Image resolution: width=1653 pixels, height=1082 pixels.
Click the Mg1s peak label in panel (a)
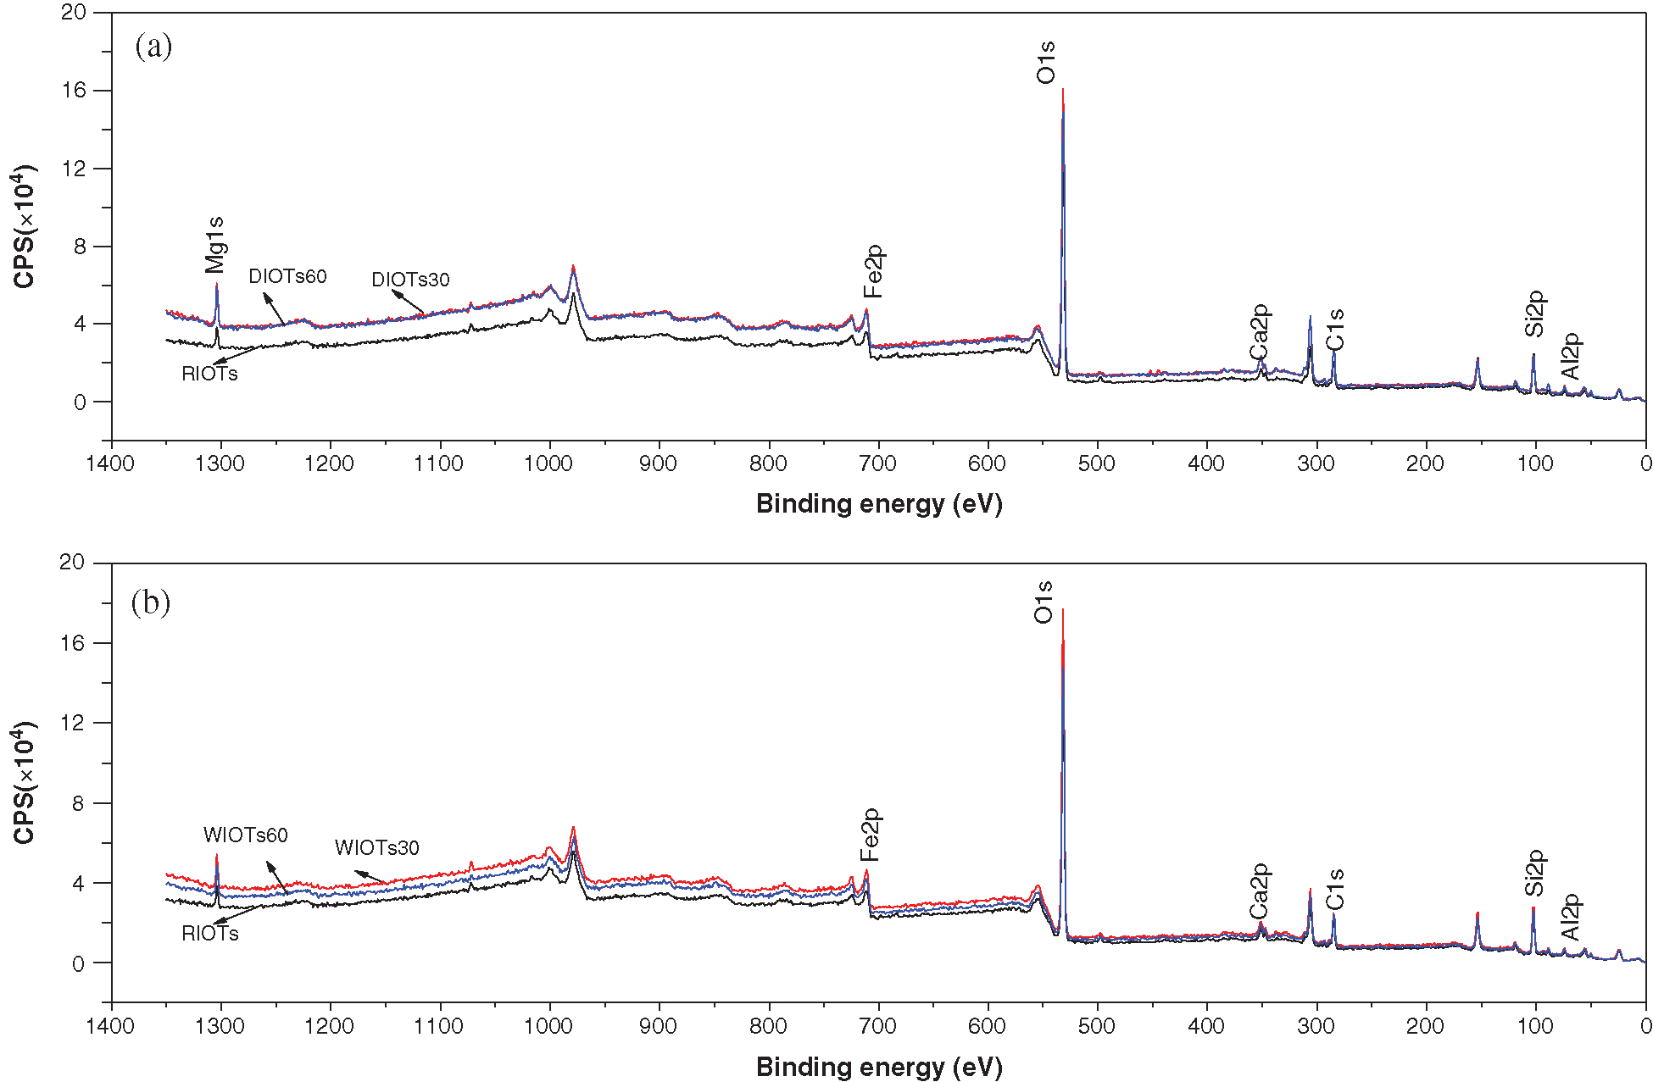click(215, 245)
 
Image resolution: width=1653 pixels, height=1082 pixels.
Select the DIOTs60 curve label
click(287, 276)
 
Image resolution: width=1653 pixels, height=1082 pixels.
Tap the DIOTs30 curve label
click(410, 280)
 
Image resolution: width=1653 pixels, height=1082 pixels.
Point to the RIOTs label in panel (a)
click(209, 374)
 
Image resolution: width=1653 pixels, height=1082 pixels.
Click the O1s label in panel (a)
click(1046, 62)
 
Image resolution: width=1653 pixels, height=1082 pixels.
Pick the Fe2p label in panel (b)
click(871, 834)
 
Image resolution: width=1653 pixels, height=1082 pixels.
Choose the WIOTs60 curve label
click(246, 835)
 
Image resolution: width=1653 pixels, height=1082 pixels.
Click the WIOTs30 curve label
click(376, 847)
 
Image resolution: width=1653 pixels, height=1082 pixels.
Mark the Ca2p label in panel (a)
click(1260, 332)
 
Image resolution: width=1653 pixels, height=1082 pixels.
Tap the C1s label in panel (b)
click(1335, 889)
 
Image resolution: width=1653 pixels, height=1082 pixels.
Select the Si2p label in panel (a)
click(1535, 314)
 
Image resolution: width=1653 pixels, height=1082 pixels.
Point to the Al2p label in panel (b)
click(1571, 917)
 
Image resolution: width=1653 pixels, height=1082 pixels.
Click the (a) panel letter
click(153, 46)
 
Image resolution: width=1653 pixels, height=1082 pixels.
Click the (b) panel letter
click(151, 602)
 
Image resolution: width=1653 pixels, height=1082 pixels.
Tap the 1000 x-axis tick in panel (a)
click(549, 463)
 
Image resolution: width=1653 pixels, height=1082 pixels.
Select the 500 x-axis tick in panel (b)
click(1097, 1026)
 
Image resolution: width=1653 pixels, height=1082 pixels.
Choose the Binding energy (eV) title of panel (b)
click(879, 1067)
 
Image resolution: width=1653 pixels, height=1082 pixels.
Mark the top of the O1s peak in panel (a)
click(1062, 90)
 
